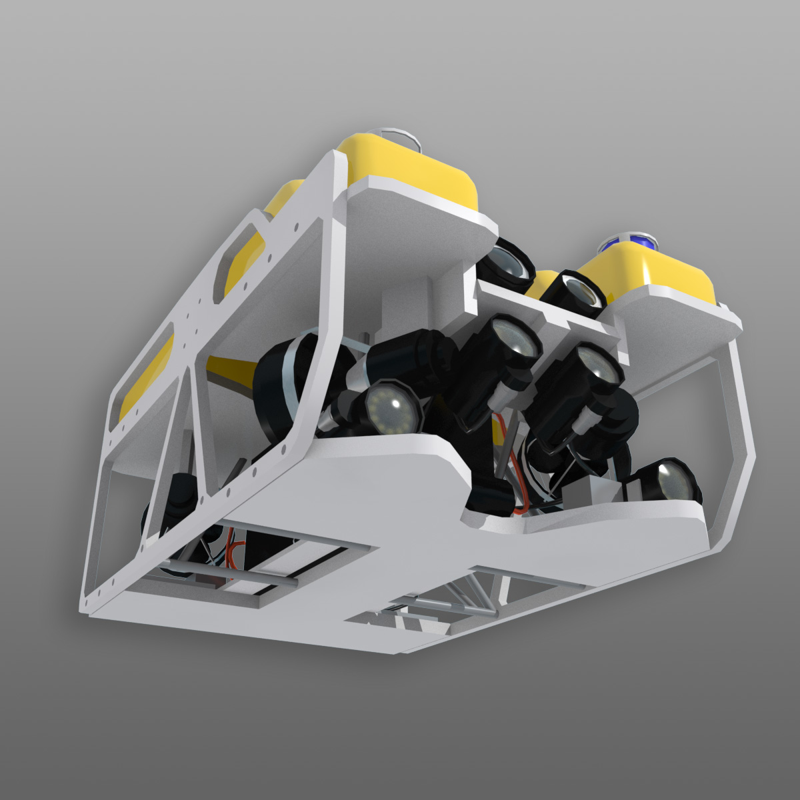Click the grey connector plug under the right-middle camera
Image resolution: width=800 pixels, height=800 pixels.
point(587,420)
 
